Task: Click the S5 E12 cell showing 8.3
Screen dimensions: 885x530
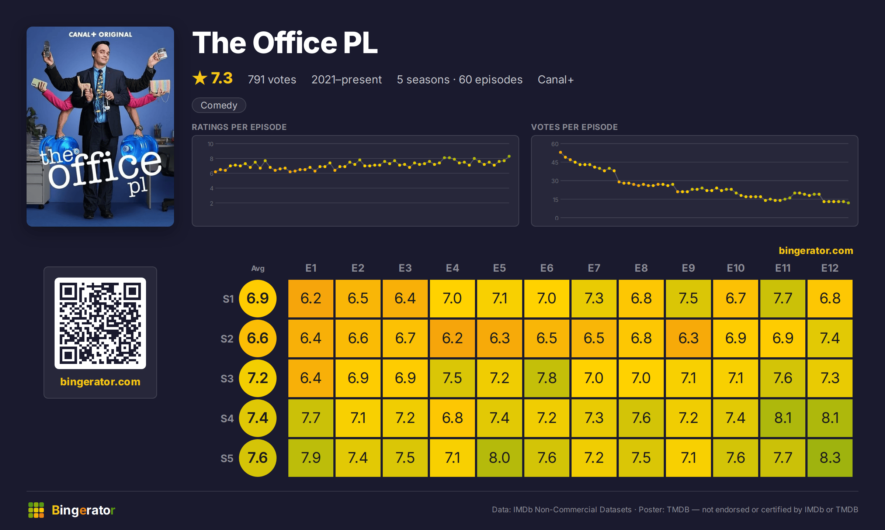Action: click(x=830, y=458)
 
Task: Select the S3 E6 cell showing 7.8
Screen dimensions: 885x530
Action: click(x=546, y=378)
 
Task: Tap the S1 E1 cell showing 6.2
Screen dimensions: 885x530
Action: click(x=310, y=298)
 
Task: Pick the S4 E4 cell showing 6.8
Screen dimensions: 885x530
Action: click(x=452, y=418)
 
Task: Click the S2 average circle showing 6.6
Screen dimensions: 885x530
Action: click(x=258, y=338)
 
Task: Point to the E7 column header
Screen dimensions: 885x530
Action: click(x=594, y=268)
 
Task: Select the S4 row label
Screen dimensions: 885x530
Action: click(x=227, y=418)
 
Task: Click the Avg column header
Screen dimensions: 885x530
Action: click(x=258, y=268)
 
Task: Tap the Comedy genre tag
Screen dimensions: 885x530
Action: click(x=219, y=105)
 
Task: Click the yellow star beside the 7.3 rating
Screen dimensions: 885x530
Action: click(x=200, y=78)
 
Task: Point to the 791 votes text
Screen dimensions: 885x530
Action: click(x=272, y=79)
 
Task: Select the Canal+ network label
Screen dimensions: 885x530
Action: click(x=555, y=79)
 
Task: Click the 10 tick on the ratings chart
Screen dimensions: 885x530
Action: click(x=210, y=144)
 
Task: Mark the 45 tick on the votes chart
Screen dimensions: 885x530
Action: click(x=555, y=162)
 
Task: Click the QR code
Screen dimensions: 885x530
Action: click(x=100, y=323)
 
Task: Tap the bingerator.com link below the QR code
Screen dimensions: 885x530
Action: click(x=100, y=382)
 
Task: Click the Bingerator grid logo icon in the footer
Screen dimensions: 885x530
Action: click(x=36, y=510)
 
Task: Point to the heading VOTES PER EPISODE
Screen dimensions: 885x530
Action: click(x=574, y=127)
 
